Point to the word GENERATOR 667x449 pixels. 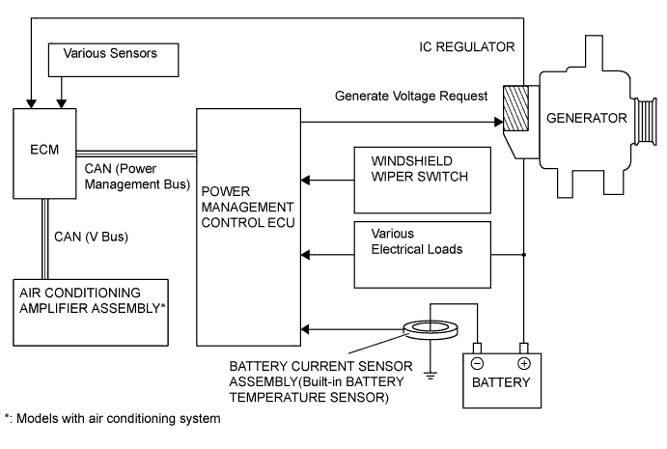tap(586, 119)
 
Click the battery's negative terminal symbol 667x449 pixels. tap(476, 365)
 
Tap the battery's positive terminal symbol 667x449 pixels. tap(524, 365)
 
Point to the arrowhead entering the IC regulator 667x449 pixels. tap(500, 123)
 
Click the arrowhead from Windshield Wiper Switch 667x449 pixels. tap(307, 180)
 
